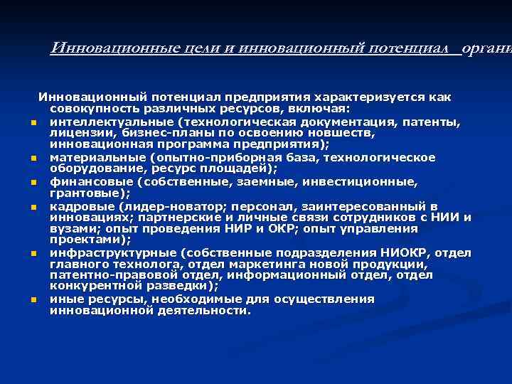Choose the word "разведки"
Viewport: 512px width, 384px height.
click(x=186, y=287)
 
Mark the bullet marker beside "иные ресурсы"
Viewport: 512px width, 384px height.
click(x=33, y=300)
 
